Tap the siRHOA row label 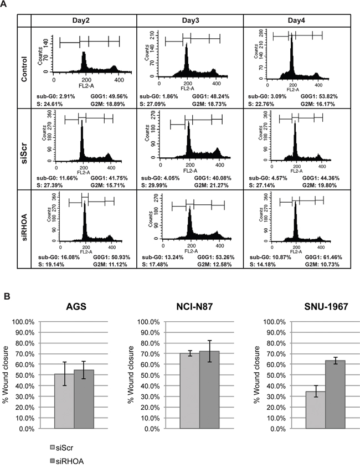pos(23,229)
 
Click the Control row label pos(23,61)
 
